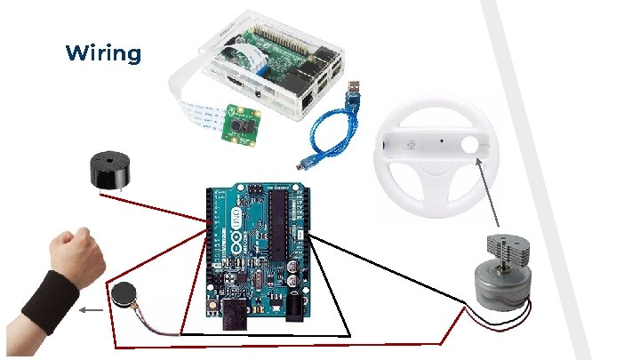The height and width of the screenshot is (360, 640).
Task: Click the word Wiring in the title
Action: click(x=103, y=53)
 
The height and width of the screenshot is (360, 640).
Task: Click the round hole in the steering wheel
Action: click(x=470, y=144)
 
